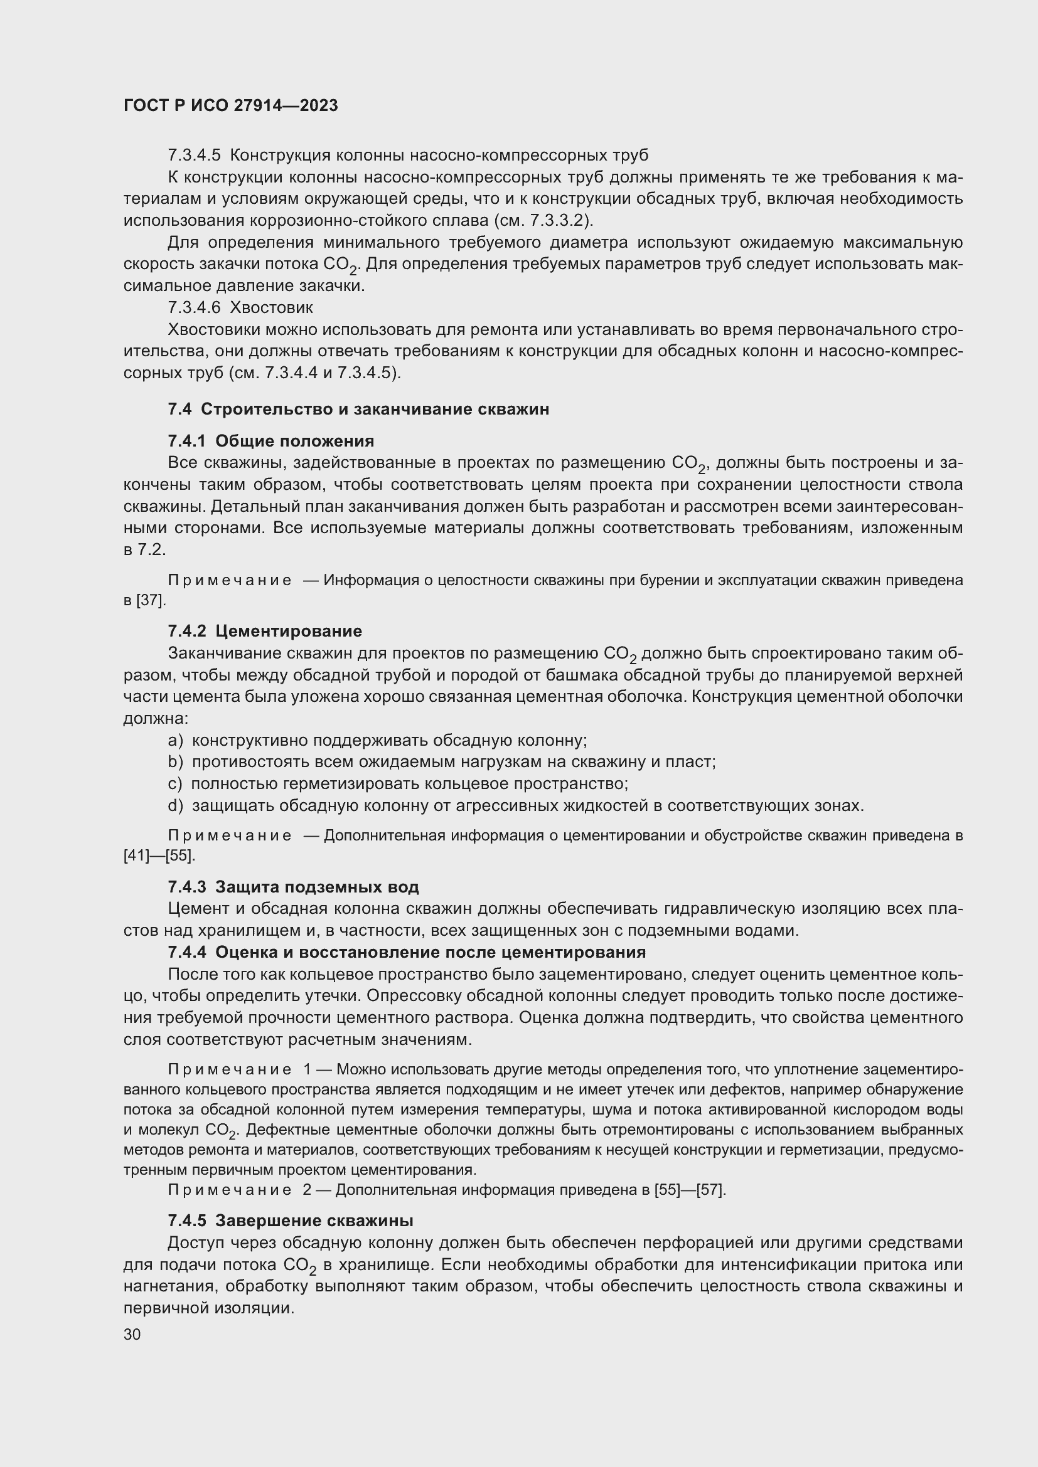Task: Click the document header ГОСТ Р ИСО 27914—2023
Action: (x=230, y=106)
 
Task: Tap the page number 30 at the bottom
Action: (x=132, y=1335)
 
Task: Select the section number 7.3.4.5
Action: (x=194, y=156)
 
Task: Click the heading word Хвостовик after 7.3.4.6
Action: (x=271, y=308)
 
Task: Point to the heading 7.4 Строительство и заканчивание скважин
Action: (x=358, y=410)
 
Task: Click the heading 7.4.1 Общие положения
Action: (x=271, y=442)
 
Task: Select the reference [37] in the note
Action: (x=151, y=601)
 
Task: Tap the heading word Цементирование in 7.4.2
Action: (x=288, y=632)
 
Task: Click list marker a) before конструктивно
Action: (x=175, y=741)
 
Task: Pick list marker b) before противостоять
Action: (x=175, y=762)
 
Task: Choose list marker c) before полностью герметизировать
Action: (x=174, y=784)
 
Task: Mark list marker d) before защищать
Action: (x=175, y=806)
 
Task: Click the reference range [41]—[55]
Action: (x=159, y=855)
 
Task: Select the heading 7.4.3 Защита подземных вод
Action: (x=293, y=887)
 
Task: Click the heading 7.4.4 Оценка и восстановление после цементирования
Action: (x=407, y=953)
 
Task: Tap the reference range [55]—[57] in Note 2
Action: (x=690, y=1190)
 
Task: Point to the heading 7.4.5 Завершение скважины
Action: (x=290, y=1221)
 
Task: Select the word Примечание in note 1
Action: (x=230, y=1069)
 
